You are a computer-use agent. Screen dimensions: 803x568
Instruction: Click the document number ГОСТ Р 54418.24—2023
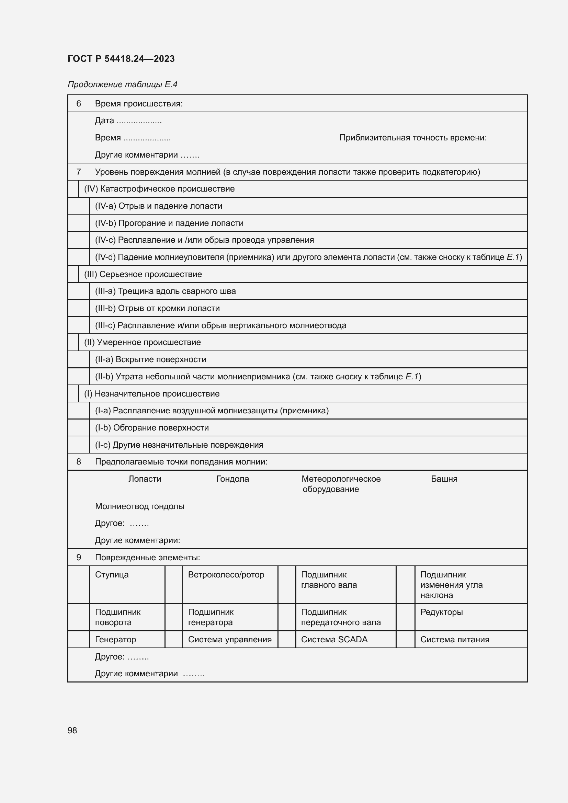point(121,59)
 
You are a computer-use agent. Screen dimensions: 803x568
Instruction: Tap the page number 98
point(72,730)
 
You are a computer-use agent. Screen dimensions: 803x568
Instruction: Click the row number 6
point(79,104)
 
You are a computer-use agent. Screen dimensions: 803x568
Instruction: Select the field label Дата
point(104,121)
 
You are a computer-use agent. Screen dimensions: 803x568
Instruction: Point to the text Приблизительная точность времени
point(413,138)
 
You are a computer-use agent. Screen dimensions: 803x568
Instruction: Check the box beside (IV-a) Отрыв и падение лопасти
point(79,206)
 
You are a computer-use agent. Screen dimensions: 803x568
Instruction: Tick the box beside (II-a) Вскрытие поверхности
point(79,359)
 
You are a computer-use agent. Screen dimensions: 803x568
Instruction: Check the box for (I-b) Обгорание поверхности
point(79,428)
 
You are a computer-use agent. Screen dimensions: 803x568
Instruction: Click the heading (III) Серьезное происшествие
point(143,274)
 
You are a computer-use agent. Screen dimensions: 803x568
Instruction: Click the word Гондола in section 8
point(232,479)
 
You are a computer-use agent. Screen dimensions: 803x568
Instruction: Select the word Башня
point(444,479)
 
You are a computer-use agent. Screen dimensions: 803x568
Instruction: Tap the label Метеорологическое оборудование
point(341,484)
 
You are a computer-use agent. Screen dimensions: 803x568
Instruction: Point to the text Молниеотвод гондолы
point(139,506)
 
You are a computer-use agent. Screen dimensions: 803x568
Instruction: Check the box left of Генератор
point(79,640)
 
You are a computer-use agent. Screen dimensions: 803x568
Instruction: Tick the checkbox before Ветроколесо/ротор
point(173,584)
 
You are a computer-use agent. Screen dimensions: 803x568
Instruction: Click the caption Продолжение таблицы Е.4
point(122,84)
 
